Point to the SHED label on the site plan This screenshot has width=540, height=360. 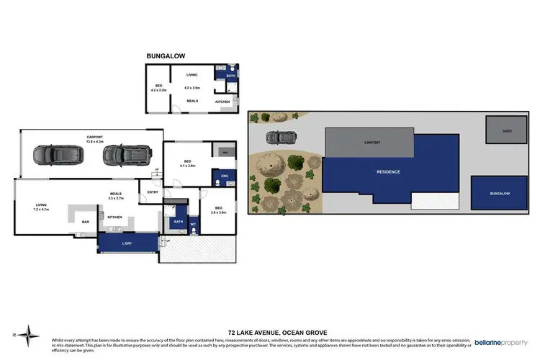click(507, 131)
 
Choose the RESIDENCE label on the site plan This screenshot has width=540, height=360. click(388, 172)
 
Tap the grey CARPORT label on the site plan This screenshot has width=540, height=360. click(372, 143)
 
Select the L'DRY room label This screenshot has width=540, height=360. click(127, 244)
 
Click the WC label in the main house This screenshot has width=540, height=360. click(192, 223)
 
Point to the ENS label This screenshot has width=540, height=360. click(224, 175)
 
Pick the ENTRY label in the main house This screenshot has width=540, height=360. click(153, 192)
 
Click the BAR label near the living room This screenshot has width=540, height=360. click(84, 222)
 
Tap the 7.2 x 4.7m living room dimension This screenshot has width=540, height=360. click(41, 210)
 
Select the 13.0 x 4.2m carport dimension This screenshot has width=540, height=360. click(95, 142)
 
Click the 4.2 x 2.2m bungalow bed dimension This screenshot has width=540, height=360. click(158, 91)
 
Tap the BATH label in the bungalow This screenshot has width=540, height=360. click(231, 76)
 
